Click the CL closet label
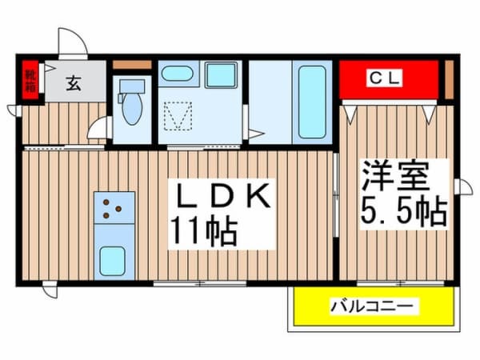[385, 78]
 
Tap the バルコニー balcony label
[374, 306]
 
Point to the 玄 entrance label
[74, 82]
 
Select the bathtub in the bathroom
[312, 102]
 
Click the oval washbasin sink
[177, 74]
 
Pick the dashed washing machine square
[178, 116]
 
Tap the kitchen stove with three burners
[114, 207]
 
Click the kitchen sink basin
[113, 261]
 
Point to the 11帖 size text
[203, 230]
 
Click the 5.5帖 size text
[404, 210]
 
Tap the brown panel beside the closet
[449, 79]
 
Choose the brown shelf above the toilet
[132, 65]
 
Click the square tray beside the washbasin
[221, 74]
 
